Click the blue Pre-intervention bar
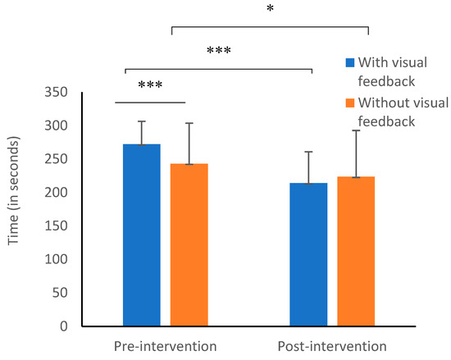click(x=141, y=235)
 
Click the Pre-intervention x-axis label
click(x=164, y=346)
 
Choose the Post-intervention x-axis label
click(x=332, y=346)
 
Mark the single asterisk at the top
click(x=271, y=11)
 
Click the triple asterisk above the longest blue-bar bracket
click(x=218, y=52)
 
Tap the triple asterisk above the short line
click(x=150, y=86)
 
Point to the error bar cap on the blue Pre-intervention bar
click(x=141, y=121)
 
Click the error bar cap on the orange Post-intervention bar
click(x=356, y=130)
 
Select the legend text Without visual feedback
click(x=395, y=112)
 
